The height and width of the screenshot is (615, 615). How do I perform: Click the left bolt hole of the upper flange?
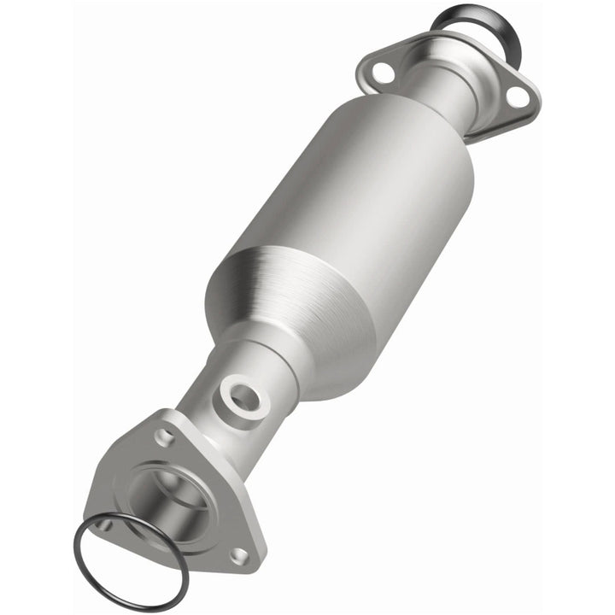click(382, 73)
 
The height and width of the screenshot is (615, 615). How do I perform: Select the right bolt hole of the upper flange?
click(516, 97)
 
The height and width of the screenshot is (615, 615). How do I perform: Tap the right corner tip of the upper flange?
click(537, 100)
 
